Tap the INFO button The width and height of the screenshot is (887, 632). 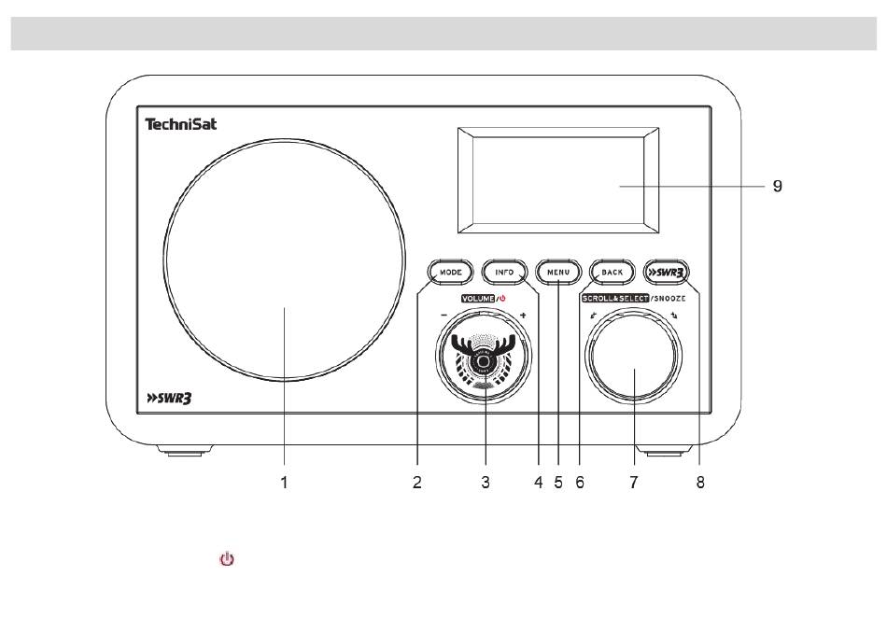[504, 273]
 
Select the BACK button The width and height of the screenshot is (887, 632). [612, 273]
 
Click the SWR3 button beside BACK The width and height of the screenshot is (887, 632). [667, 273]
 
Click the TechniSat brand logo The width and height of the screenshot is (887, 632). [180, 123]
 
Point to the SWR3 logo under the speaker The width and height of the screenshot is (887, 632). [169, 400]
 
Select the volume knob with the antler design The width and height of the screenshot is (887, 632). [483, 358]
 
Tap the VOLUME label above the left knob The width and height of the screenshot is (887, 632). [477, 298]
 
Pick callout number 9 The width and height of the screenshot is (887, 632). [777, 186]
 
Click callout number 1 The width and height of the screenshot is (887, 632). [287, 483]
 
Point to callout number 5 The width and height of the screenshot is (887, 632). [557, 483]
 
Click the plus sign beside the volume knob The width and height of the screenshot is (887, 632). [523, 316]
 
